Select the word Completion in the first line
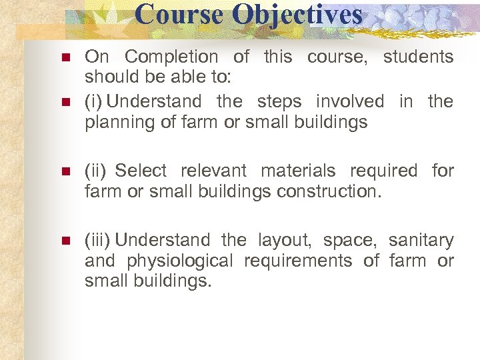[171, 57]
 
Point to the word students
[418, 57]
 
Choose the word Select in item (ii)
[141, 171]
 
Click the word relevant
[213, 171]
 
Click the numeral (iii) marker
[97, 240]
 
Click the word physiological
[179, 261]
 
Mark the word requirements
[298, 261]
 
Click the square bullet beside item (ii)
[65, 171]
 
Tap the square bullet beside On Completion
[65, 57]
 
